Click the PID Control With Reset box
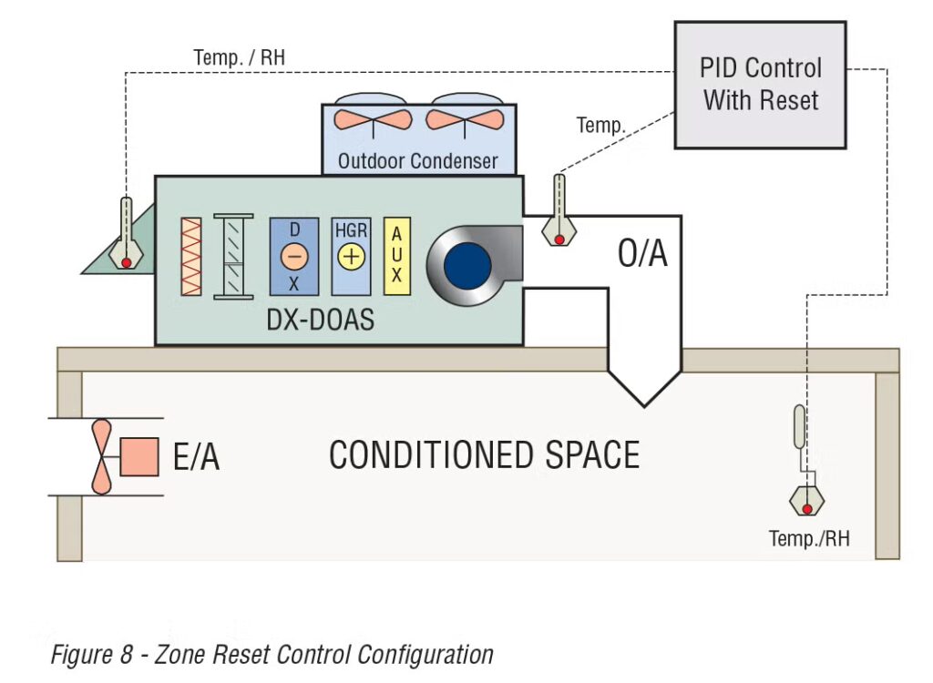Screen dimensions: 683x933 point(760,84)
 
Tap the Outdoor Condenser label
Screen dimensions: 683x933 point(418,161)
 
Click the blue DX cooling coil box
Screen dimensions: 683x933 point(294,256)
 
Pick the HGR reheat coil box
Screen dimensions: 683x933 point(351,256)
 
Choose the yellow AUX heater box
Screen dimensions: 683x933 point(398,256)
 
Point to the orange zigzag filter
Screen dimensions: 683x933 point(191,256)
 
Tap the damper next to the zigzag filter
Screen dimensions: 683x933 point(232,256)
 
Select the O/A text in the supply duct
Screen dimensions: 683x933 point(642,255)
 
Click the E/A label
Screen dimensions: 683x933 point(196,456)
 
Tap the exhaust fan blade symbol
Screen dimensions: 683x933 point(99,456)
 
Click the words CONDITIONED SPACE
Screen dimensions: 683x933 point(484,454)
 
